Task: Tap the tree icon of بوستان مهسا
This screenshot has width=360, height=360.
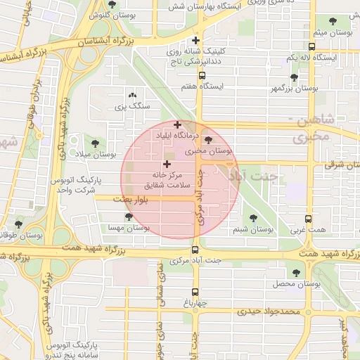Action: pyautogui.click(x=129, y=217)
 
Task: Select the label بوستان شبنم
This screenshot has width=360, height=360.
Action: pyautogui.click(x=252, y=230)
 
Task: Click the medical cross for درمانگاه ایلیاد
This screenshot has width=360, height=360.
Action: pyautogui.click(x=177, y=125)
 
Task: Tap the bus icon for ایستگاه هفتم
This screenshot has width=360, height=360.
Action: pyautogui.click(x=202, y=75)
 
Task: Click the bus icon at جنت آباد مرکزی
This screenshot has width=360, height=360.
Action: pyautogui.click(x=195, y=250)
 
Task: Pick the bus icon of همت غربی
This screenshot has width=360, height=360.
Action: pyautogui.click(x=308, y=219)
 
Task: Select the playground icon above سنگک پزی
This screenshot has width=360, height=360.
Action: pyautogui.click(x=132, y=96)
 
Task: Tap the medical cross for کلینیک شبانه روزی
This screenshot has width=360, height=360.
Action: pyautogui.click(x=196, y=41)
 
